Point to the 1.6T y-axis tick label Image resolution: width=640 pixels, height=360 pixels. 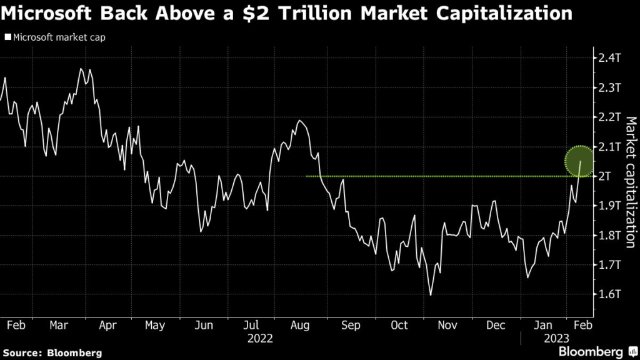coord(610,294)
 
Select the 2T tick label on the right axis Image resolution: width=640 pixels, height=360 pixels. coord(606,176)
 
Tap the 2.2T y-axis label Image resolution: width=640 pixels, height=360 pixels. coord(610,117)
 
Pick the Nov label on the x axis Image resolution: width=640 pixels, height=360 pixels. coord(447,325)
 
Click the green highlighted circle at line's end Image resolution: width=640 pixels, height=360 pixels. coord(580,161)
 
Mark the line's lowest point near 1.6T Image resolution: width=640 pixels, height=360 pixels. coord(430,294)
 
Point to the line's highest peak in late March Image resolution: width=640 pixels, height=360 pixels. coord(81,69)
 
